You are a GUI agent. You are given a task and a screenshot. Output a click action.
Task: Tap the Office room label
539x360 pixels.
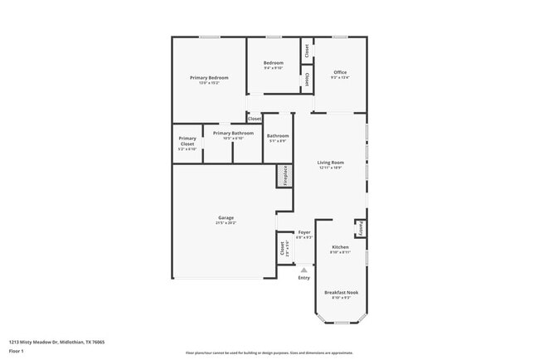(x=341, y=72)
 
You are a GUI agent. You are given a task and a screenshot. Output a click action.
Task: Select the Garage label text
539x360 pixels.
(x=226, y=217)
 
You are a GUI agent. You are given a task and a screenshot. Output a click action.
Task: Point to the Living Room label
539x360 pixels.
(x=331, y=162)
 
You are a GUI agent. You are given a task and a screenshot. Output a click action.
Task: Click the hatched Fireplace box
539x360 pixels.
(x=284, y=176)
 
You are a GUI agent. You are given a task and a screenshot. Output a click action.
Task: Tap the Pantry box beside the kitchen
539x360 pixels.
(x=361, y=227)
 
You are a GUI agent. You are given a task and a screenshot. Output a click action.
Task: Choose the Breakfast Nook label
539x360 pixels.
(x=341, y=292)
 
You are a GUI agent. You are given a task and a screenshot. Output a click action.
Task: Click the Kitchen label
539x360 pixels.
(x=341, y=247)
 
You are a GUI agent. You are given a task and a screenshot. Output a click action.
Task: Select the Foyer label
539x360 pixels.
(x=304, y=232)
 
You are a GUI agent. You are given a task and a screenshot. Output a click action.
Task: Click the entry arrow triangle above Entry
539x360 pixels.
(x=304, y=269)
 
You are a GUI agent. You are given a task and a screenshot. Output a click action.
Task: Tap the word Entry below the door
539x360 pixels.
(x=304, y=277)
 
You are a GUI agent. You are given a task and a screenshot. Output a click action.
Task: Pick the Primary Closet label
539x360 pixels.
(x=187, y=141)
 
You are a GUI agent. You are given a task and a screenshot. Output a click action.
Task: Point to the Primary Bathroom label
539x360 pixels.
(x=233, y=133)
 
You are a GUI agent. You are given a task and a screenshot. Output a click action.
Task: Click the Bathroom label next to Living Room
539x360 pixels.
(x=278, y=136)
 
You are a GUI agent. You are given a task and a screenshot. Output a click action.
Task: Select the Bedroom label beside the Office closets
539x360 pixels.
(x=274, y=63)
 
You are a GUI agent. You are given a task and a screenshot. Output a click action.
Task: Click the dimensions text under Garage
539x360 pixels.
(x=226, y=222)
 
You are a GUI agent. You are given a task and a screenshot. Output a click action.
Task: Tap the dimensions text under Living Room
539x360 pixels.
(x=331, y=168)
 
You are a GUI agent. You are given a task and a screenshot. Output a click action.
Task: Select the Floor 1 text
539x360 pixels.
(x=17, y=351)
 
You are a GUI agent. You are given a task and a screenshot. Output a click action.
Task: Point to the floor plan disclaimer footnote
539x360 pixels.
(x=269, y=352)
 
